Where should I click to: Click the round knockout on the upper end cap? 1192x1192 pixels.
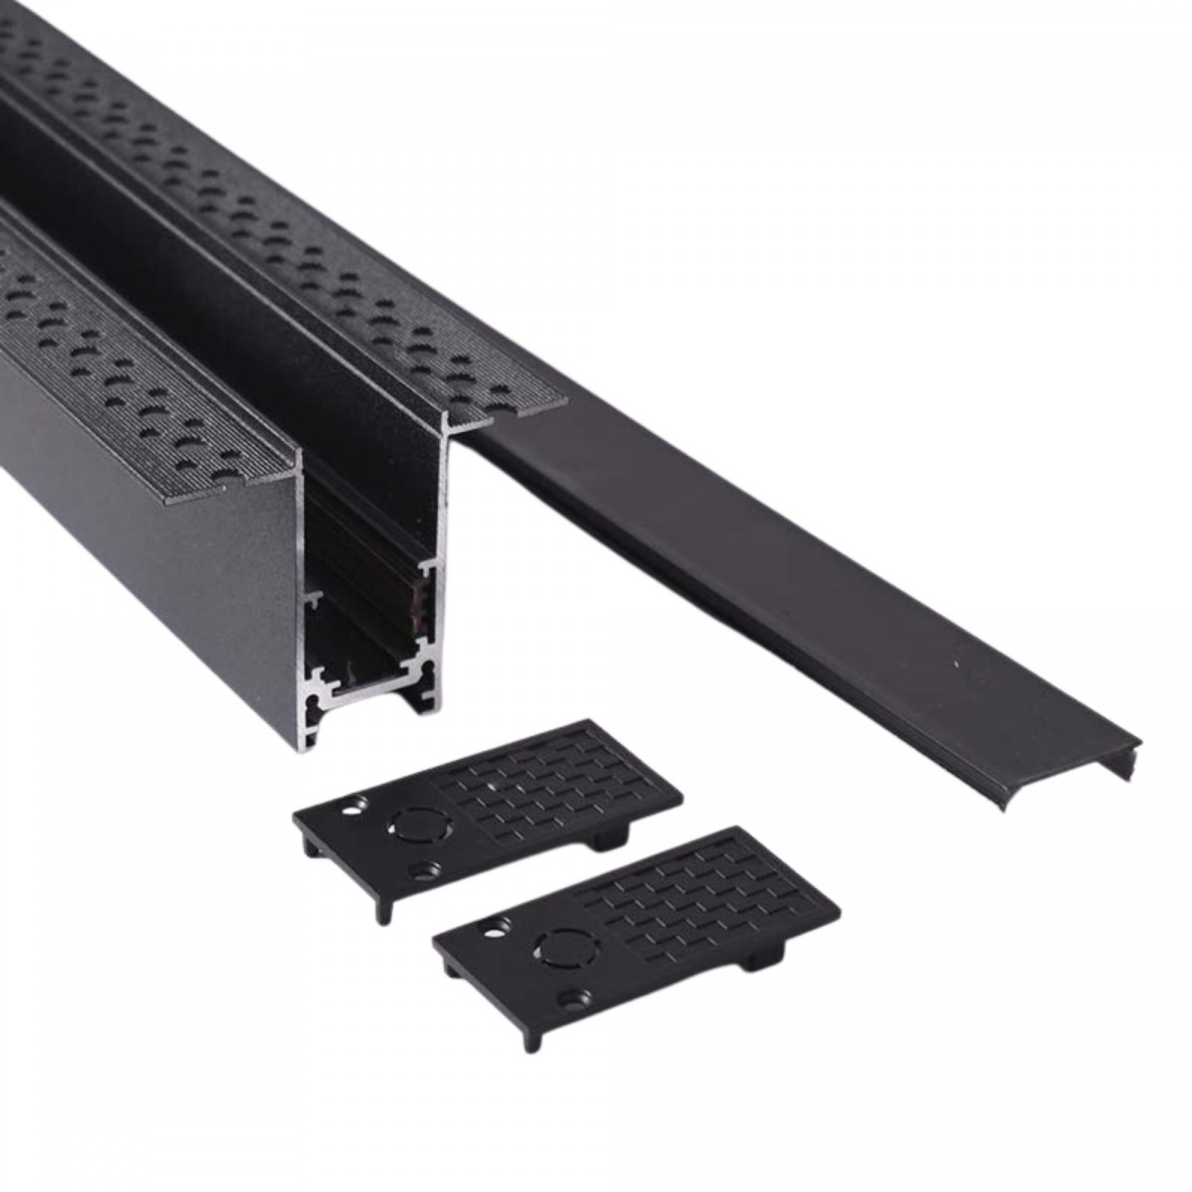click(409, 823)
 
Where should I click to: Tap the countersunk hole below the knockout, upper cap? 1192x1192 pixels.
click(427, 869)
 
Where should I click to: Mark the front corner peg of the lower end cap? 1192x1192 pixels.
click(527, 1038)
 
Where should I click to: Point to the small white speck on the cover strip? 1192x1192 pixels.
click(956, 663)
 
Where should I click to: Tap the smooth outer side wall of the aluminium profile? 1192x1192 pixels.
click(149, 556)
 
